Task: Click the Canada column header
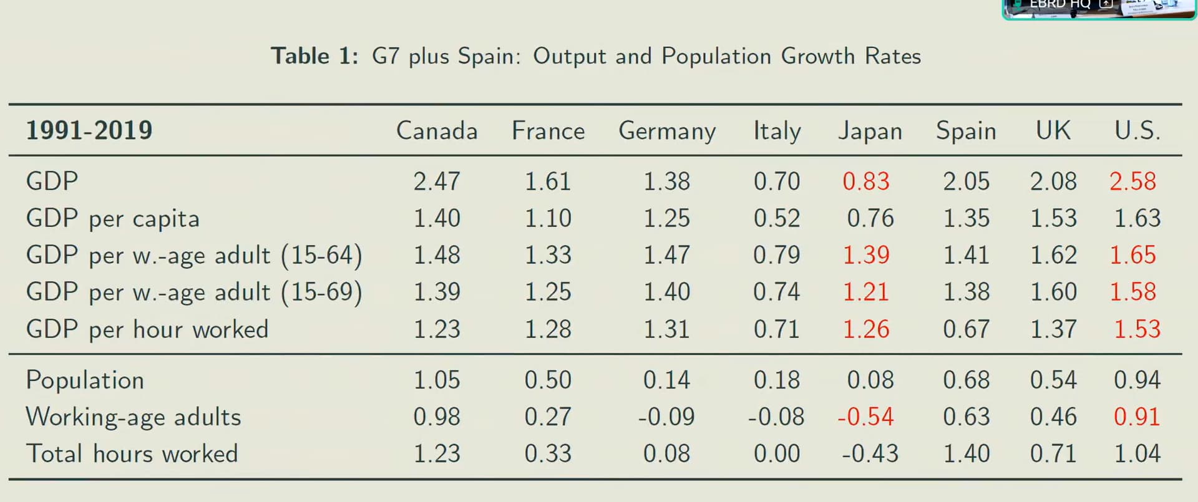437,131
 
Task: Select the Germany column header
667,132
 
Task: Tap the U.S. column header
1137,131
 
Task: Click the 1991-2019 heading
89,130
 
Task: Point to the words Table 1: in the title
314,56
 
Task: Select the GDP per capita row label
113,218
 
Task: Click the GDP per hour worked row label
147,329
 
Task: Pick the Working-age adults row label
134,417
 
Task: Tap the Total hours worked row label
132,453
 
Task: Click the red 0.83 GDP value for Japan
866,181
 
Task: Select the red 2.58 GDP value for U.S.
1132,181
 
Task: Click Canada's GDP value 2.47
437,181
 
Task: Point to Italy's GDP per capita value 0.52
777,218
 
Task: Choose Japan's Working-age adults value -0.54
865,417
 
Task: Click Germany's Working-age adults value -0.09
666,417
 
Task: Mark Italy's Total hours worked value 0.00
777,453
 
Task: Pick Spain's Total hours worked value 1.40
967,453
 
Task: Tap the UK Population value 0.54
1053,380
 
